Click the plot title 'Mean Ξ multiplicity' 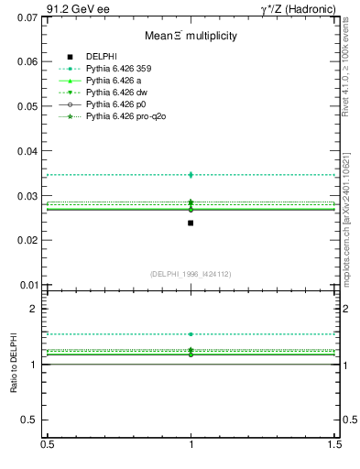pos(191,36)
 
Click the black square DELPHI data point pos(191,223)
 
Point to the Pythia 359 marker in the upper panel pos(191,174)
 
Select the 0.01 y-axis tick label pos(26,284)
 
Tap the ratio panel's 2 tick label pos(34,309)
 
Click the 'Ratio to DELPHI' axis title pos(14,364)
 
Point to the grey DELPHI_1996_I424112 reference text pos(191,273)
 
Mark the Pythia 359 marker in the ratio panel pos(191,334)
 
